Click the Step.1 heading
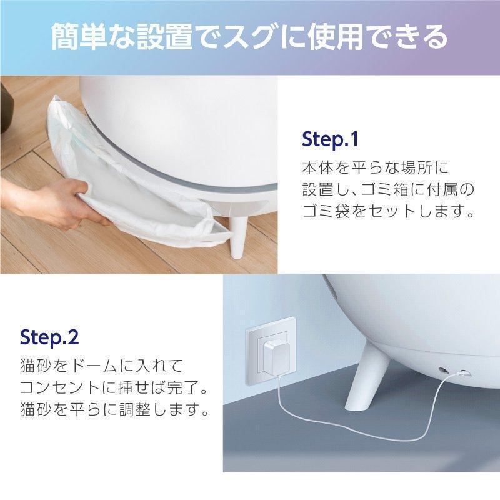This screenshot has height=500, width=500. click(x=329, y=138)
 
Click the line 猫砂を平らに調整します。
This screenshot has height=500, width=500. click(x=113, y=411)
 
